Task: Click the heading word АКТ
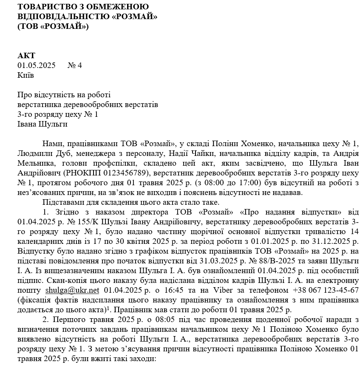coord(26,56)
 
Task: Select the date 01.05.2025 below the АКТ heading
coord(37,65)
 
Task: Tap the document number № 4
coord(74,65)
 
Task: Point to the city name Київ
coord(26,75)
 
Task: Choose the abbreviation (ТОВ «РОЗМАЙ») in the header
coord(53,26)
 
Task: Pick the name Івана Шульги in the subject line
coord(43,124)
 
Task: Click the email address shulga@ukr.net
coord(72,290)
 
